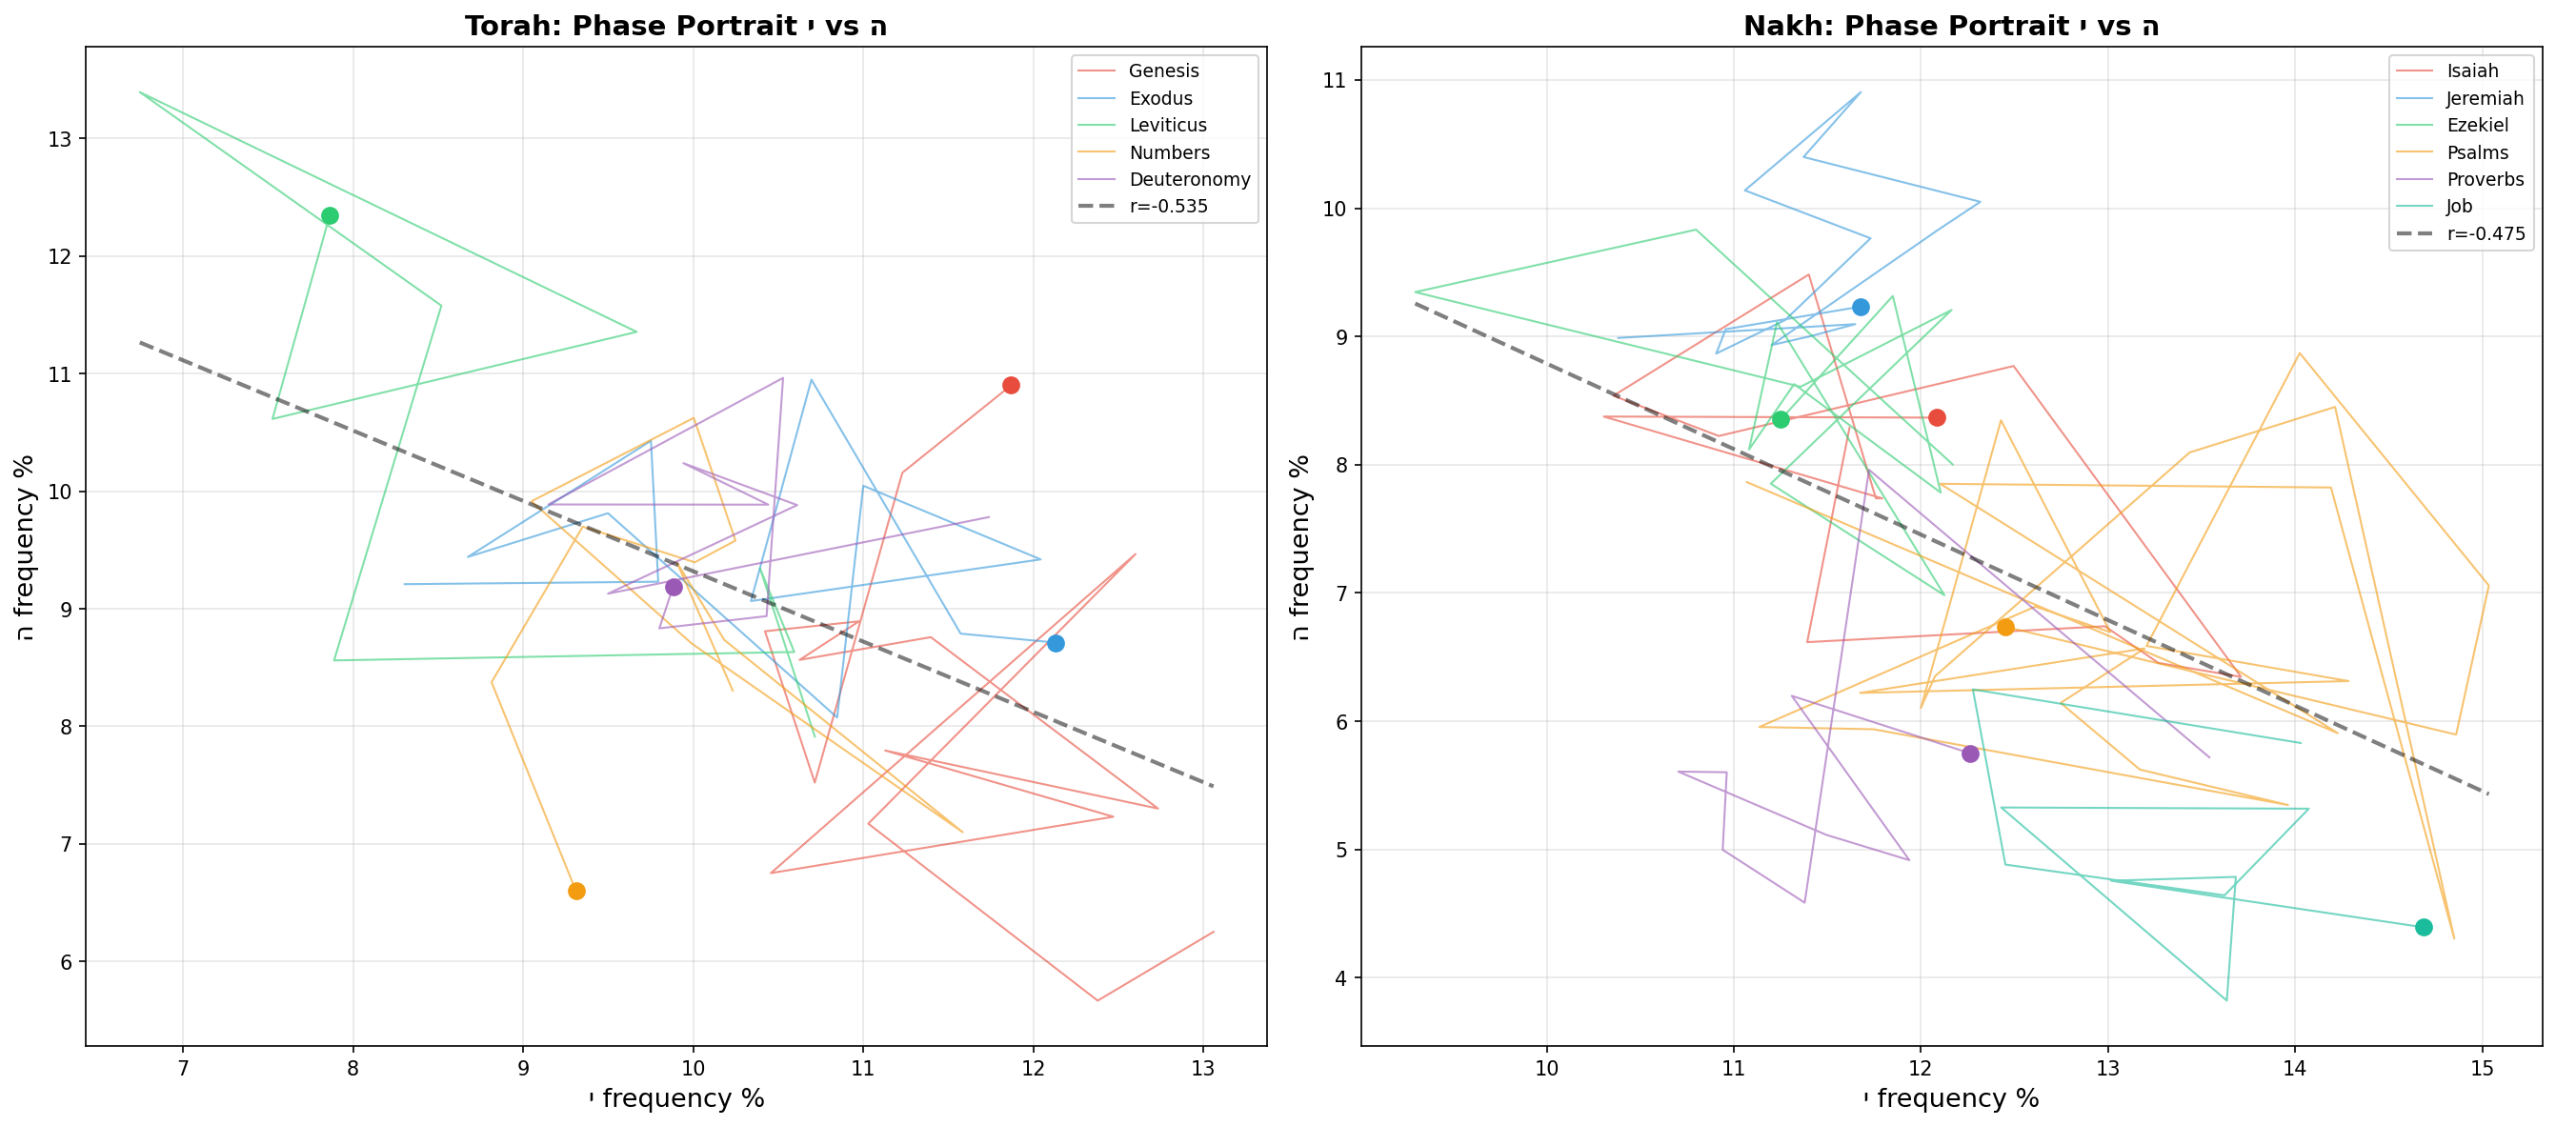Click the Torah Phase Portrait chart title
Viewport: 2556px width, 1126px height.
674,26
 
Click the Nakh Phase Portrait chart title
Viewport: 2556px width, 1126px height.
1950,26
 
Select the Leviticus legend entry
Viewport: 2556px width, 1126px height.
1167,125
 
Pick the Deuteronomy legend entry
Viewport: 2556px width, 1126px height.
1189,179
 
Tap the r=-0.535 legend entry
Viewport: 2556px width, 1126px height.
1168,207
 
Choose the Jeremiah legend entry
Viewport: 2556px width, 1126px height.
2484,98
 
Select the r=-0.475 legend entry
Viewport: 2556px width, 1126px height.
2485,234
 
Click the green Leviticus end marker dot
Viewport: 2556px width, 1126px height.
331,216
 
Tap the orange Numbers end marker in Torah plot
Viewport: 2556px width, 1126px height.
576,892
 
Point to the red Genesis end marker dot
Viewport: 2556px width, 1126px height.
1011,386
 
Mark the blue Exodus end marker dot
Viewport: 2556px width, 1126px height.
1056,644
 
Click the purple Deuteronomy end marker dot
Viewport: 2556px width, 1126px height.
674,588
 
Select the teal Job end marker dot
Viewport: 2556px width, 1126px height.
2424,928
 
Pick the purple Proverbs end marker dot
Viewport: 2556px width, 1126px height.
1970,754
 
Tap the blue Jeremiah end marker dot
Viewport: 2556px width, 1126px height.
1861,308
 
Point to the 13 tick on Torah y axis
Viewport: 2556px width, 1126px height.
59,139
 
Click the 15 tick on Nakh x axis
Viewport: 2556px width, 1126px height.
2482,1069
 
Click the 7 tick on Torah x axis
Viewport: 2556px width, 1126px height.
183,1069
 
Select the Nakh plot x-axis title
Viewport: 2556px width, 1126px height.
1950,1098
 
